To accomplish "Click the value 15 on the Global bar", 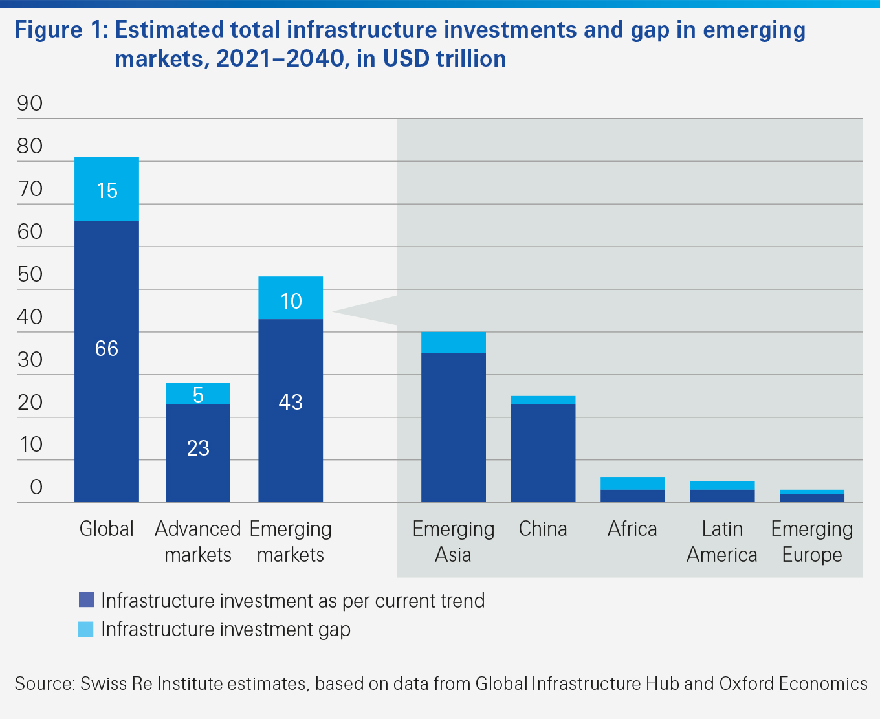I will pos(107,190).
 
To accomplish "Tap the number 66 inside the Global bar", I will pos(107,349).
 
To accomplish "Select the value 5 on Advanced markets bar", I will pos(198,395).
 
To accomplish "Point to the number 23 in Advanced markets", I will pos(198,448).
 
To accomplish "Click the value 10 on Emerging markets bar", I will pos(291,301).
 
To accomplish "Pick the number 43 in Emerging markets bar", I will pos(291,402).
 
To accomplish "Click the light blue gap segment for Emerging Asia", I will pos(453,342).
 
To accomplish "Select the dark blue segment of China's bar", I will pos(543,453).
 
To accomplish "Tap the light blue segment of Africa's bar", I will pos(632,483).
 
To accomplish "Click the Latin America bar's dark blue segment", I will pos(722,496).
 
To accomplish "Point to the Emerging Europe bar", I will pos(812,496).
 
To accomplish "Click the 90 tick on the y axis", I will pos(30,104).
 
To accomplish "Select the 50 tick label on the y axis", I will pos(30,274).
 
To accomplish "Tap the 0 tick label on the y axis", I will pos(36,487).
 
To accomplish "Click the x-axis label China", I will pos(543,529).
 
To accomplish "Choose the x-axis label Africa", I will pos(632,529).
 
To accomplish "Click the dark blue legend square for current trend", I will pos(86,600).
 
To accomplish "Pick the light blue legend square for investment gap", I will pos(86,629).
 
